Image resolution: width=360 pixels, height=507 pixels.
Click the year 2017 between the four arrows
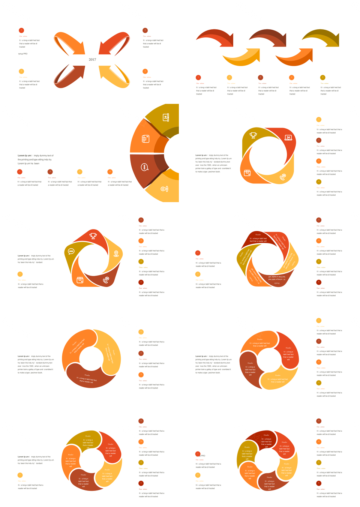coord(92,60)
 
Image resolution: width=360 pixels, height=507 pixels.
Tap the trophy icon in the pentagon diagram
coord(93,236)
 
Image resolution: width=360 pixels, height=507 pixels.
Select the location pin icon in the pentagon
coord(116,254)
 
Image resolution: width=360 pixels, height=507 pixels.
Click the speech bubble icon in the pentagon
coord(71,251)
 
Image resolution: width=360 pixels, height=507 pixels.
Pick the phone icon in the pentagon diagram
coord(106,280)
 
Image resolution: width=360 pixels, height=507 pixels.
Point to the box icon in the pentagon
coord(80,280)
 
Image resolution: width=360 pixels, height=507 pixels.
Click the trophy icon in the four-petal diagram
coord(253,135)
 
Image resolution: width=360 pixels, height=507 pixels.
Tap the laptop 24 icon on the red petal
coord(288,138)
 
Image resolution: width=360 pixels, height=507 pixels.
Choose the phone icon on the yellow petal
coord(283,177)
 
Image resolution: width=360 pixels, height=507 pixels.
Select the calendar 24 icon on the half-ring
coord(165,117)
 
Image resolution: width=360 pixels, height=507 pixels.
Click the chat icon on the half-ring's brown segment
coord(144,167)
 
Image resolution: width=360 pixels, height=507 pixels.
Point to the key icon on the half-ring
coord(164,189)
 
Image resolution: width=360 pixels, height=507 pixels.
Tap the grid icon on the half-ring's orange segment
coord(145,139)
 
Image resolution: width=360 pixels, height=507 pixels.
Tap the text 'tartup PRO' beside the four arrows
coord(23,54)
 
